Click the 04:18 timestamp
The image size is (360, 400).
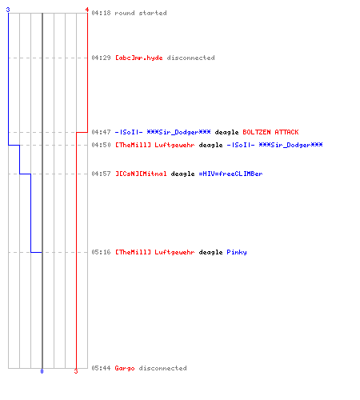tap(101, 13)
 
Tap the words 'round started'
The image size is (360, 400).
tap(141, 13)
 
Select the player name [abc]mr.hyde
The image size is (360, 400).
tap(139, 58)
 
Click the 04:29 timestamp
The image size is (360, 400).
tap(101, 58)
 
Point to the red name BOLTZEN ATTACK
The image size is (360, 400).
tap(270, 132)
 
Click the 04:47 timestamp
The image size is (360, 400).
tap(101, 132)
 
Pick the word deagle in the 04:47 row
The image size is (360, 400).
tap(226, 132)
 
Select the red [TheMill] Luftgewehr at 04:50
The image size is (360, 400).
tap(155, 145)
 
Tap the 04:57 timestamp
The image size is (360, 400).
tap(101, 174)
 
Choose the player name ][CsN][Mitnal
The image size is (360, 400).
tap(141, 174)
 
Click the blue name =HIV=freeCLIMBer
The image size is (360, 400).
tap(230, 174)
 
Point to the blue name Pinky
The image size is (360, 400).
tap(237, 252)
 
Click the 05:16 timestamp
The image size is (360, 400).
tap(101, 252)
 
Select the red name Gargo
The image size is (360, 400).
tap(125, 368)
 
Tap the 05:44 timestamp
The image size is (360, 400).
tap(101, 368)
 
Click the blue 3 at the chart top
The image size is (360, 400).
tap(8, 10)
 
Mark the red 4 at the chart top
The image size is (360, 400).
tap(87, 10)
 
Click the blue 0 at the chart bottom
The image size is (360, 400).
tap(42, 371)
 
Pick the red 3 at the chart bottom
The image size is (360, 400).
tap(76, 371)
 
